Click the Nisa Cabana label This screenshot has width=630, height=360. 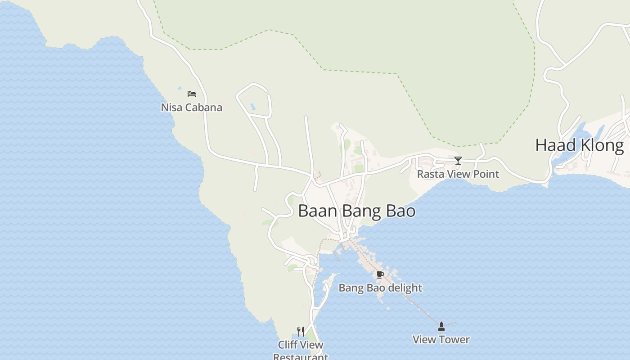191,108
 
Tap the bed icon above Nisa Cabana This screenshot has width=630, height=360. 192,94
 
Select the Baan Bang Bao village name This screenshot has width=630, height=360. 356,211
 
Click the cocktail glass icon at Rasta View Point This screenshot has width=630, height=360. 458,161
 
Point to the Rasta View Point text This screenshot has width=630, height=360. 458,174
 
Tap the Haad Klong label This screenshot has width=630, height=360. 579,145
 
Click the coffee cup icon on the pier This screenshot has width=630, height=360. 380,274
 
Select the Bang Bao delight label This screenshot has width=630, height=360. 380,288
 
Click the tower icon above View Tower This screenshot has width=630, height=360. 441,327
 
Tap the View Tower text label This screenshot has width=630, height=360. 441,340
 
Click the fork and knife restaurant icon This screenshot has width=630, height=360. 301,332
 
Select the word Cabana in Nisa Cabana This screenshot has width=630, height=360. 204,108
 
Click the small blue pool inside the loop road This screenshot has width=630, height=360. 253,107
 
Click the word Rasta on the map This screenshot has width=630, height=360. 428,174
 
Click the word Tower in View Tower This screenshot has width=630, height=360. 455,340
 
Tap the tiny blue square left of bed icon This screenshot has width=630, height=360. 180,88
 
